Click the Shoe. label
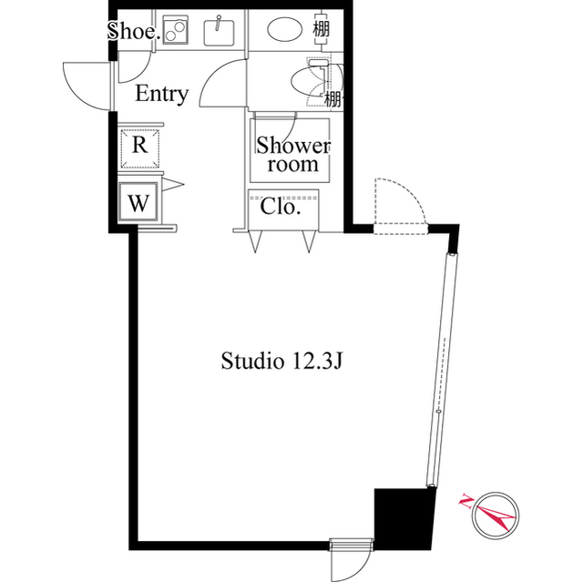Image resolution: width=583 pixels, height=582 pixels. [x=134, y=31]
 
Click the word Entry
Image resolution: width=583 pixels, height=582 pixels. [x=162, y=93]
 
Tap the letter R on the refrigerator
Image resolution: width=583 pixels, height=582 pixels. [x=139, y=144]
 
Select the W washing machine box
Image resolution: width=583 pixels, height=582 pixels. [x=138, y=202]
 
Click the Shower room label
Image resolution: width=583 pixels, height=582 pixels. [x=292, y=155]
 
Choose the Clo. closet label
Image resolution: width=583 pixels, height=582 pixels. [x=281, y=207]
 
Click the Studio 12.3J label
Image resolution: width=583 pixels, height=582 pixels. [x=281, y=361]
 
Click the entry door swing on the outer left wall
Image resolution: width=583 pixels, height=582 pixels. [x=87, y=83]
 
